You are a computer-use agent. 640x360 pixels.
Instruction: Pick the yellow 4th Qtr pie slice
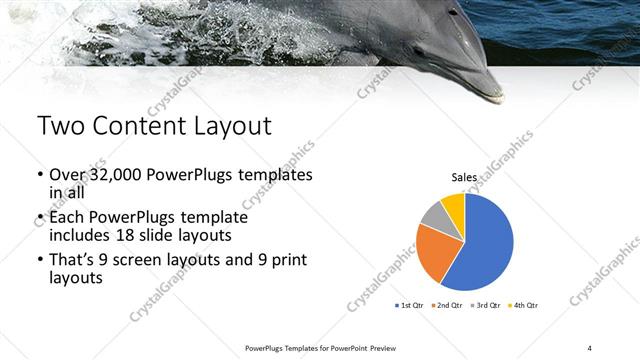coord(453,204)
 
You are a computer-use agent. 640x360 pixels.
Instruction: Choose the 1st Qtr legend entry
coord(413,305)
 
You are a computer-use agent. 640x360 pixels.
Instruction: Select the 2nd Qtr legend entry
coord(448,305)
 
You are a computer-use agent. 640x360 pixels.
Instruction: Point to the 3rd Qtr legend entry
coord(486,305)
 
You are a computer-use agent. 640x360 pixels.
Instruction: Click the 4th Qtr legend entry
coord(523,305)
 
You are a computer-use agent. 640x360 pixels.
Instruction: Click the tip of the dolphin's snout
coord(497,97)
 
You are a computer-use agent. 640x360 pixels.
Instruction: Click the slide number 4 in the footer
coord(590,347)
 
